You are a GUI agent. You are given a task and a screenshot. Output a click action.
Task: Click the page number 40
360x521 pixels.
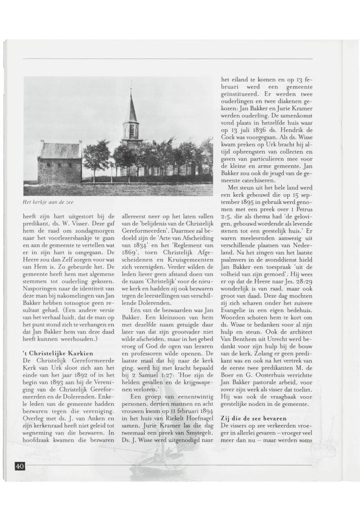click(20, 466)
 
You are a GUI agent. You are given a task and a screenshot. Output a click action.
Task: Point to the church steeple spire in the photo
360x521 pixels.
click(131, 104)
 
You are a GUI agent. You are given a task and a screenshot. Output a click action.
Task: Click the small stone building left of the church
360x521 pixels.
click(60, 162)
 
